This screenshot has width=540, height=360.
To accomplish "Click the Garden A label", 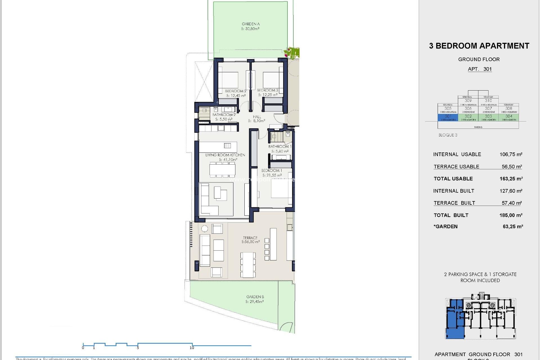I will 251,24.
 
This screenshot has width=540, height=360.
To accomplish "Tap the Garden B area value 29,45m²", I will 255,302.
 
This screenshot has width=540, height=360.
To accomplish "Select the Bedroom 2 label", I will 235,91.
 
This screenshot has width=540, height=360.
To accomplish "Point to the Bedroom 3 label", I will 267,90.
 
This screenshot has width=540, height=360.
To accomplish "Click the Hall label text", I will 257,117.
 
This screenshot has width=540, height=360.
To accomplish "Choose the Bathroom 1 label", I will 280,147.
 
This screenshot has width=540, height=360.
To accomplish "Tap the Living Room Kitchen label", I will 225,155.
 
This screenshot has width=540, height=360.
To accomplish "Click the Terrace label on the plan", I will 250,238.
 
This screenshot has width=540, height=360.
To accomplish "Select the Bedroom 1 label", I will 271,170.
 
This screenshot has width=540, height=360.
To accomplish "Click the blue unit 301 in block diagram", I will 448,116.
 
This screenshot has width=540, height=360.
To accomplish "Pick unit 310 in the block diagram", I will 488,101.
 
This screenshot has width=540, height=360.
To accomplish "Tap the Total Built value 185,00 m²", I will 511,215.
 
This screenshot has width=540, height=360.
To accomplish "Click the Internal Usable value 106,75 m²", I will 511,154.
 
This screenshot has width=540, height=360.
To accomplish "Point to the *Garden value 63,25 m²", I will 512,227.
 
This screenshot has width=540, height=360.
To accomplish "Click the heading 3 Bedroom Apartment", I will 479,46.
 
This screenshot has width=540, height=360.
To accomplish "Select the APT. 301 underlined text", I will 480,69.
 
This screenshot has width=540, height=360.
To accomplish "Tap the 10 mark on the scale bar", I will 192,348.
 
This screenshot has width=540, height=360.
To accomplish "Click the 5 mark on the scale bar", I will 138,348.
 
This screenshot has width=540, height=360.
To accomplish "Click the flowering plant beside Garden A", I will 292,53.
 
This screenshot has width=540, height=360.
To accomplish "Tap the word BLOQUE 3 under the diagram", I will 448,135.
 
